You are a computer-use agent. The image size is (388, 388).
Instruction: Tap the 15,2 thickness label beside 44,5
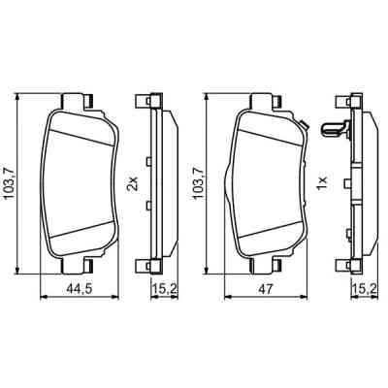coord(163,288)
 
